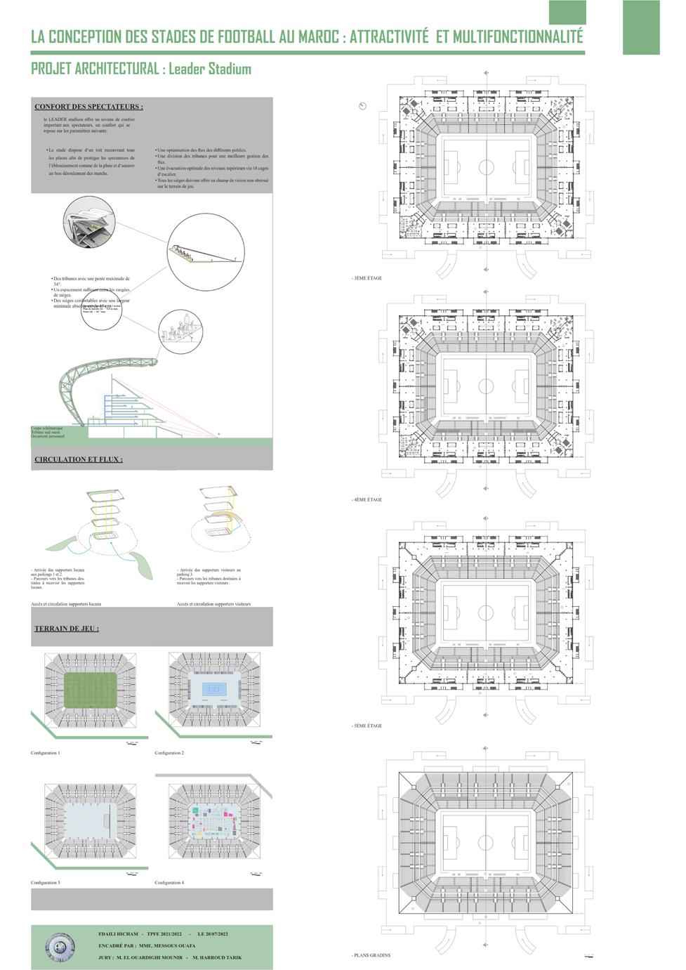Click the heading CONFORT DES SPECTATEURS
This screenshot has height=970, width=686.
coord(88,107)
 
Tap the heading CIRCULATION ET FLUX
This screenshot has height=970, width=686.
coord(79,459)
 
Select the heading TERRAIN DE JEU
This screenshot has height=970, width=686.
coord(67,628)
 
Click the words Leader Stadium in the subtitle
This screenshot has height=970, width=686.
coord(209,69)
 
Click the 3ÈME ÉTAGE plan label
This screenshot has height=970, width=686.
coord(367,278)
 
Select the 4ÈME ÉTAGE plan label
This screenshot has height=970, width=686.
coord(367,499)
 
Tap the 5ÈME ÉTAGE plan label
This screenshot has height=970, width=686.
coord(367,726)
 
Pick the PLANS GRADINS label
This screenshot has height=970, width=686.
coord(372,955)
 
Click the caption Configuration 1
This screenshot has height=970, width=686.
coord(46,753)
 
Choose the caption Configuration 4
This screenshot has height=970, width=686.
coord(169,882)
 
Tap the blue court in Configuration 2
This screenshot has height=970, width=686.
coord(213,690)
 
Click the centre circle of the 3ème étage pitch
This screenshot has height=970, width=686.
coord(486,166)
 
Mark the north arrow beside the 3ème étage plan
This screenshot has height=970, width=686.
coord(362,106)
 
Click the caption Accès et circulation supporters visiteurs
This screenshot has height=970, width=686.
coord(213,604)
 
